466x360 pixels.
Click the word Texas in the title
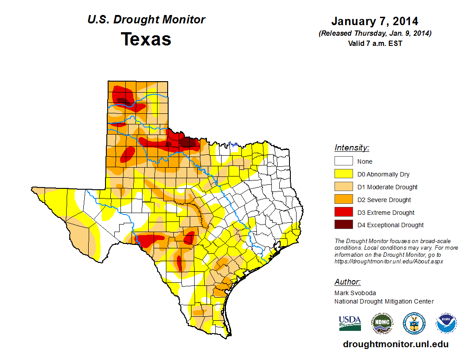tap(146, 39)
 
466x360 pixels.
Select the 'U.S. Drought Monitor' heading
tap(146, 20)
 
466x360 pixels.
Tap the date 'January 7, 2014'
tap(375, 21)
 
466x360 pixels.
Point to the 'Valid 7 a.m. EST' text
tap(375, 43)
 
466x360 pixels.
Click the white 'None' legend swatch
tap(343, 161)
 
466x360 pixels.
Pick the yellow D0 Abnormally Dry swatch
tap(343, 174)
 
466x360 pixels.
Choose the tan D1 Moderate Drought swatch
tap(343, 187)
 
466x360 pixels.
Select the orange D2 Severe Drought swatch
tap(343, 200)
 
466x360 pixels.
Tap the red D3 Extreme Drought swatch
tap(343, 213)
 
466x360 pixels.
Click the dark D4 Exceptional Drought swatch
tap(343, 225)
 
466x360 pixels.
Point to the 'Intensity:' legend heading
tap(352, 148)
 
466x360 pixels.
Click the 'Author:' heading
tap(347, 282)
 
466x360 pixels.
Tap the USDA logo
tap(350, 323)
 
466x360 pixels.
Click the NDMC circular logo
tap(382, 323)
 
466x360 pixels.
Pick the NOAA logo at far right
tap(446, 323)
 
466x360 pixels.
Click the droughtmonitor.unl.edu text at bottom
tap(395, 345)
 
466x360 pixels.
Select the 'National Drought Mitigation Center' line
tap(384, 301)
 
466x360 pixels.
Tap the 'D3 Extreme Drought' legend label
tap(386, 213)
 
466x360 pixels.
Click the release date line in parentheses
tap(375, 34)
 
